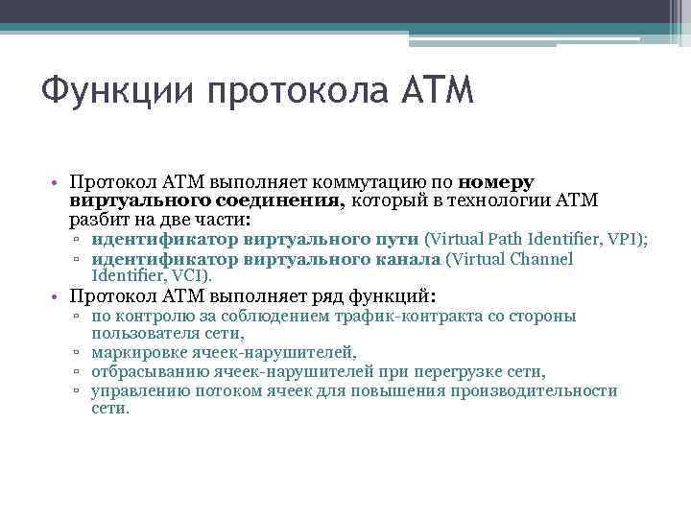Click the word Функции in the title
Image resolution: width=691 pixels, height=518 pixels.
pyautogui.click(x=107, y=94)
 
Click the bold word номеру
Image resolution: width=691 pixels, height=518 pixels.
pyautogui.click(x=497, y=181)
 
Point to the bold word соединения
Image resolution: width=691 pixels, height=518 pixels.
pyautogui.click(x=278, y=200)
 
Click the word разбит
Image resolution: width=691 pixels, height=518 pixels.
pyautogui.click(x=97, y=219)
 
